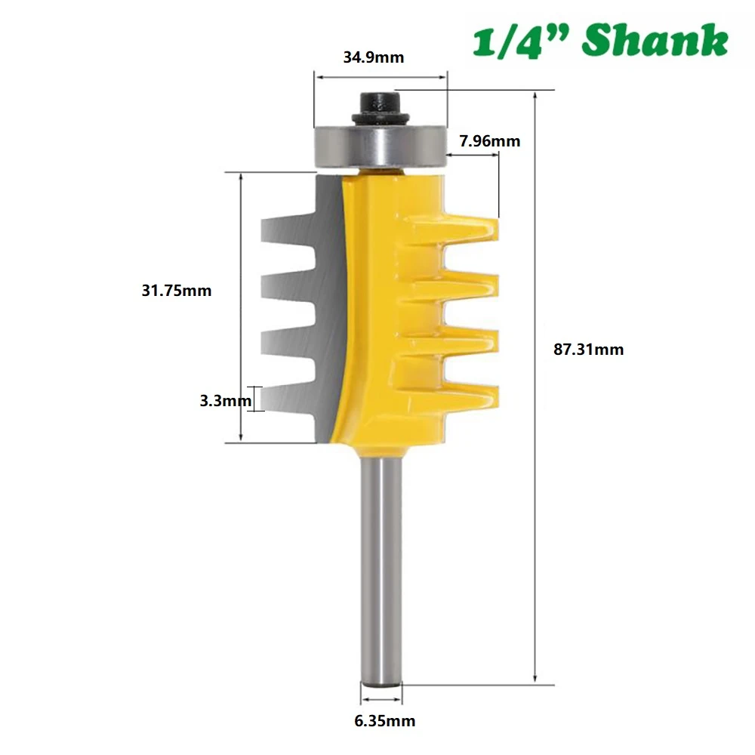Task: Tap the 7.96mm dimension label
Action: pyautogui.click(x=489, y=140)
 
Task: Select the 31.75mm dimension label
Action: pyautogui.click(x=177, y=291)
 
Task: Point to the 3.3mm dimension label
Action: pyautogui.click(x=224, y=401)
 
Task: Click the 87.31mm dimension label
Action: pyautogui.click(x=589, y=350)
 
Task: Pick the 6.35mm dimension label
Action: pyautogui.click(x=385, y=720)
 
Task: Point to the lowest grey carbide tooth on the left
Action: pyautogui.click(x=283, y=397)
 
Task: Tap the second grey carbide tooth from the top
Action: pyautogui.click(x=283, y=286)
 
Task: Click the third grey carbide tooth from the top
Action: pyautogui.click(x=283, y=342)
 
